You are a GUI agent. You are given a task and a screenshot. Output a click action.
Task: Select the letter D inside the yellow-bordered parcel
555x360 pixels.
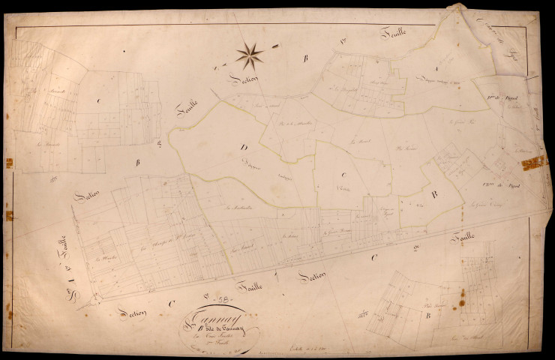pos(244,147)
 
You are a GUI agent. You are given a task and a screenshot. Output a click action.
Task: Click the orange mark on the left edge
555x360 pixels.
pos(9,216)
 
